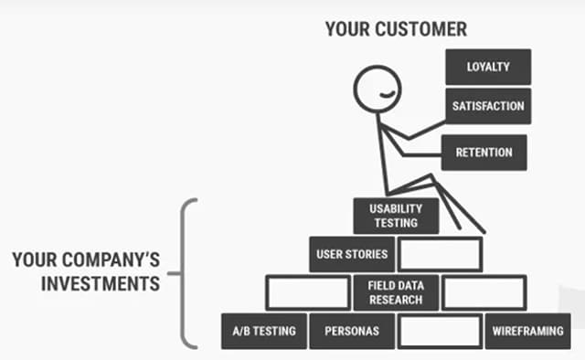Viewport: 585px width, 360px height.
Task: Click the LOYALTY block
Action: pyautogui.click(x=488, y=66)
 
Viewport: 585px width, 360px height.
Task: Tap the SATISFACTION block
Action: pyautogui.click(x=488, y=106)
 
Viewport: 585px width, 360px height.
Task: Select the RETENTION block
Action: pyautogui.click(x=484, y=152)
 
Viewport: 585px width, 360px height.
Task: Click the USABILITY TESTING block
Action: pyautogui.click(x=396, y=216)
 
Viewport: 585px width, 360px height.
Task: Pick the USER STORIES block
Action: pyautogui.click(x=352, y=254)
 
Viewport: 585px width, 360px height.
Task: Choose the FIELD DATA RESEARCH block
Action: pyautogui.click(x=395, y=292)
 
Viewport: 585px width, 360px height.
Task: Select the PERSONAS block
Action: pyautogui.click(x=351, y=331)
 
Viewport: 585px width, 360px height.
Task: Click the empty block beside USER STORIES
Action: pyautogui.click(x=440, y=254)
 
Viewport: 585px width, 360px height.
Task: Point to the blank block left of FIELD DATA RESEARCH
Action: pyautogui.click(x=307, y=292)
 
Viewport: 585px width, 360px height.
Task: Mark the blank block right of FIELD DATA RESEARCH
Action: pyautogui.click(x=484, y=292)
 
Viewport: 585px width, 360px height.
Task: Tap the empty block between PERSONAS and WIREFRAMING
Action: pyautogui.click(x=440, y=331)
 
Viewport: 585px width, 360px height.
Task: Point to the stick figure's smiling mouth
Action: pyautogui.click(x=389, y=96)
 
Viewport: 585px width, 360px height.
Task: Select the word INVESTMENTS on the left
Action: pyautogui.click(x=101, y=283)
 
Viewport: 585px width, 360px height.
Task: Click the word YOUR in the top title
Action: pyautogui.click(x=345, y=29)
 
